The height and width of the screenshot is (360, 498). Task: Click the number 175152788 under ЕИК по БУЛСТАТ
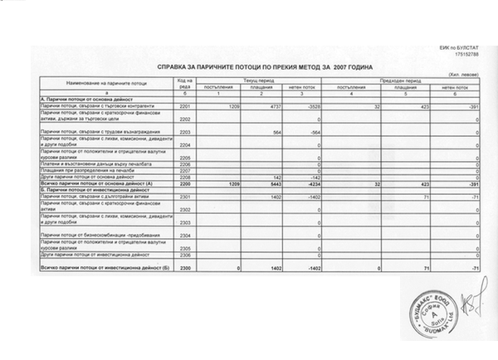point(468,54)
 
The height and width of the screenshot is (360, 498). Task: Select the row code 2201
point(184,108)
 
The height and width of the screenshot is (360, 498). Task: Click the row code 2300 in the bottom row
point(184,267)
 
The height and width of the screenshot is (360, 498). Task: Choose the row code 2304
point(184,236)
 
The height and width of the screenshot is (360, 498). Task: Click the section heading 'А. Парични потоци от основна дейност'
point(80,100)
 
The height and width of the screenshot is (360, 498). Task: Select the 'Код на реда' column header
point(184,82)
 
